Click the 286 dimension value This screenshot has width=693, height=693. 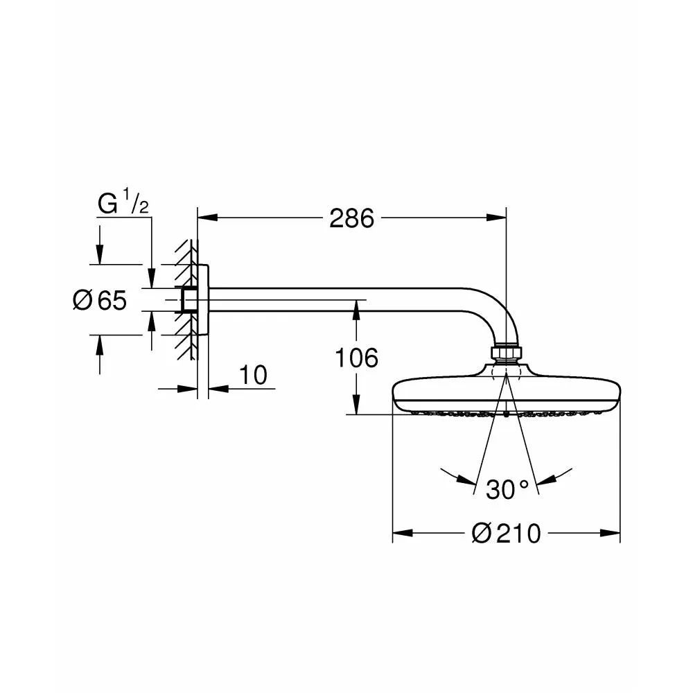pyautogui.click(x=351, y=218)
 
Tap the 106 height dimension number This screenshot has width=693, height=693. pyautogui.click(x=357, y=358)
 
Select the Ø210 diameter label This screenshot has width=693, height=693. pyautogui.click(x=506, y=533)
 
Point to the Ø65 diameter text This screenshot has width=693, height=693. pyautogui.click(x=100, y=300)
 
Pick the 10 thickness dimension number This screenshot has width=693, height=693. pyautogui.click(x=253, y=375)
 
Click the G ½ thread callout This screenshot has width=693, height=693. pyautogui.click(x=123, y=202)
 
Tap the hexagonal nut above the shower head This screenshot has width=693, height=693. pyautogui.click(x=507, y=353)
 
